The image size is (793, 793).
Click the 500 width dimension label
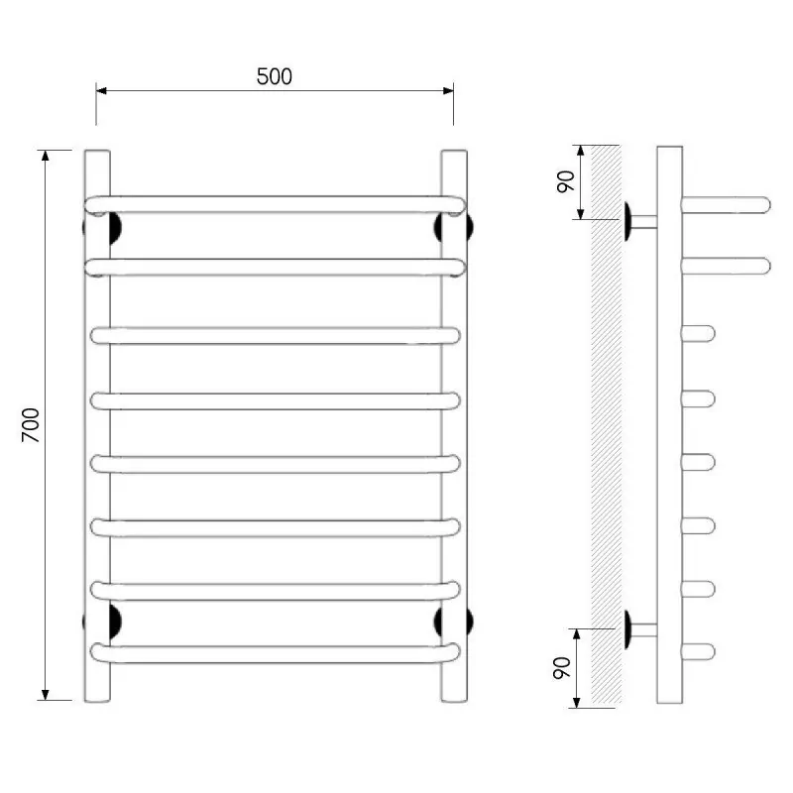pyautogui.click(x=275, y=76)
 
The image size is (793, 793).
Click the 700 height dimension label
pyautogui.click(x=31, y=425)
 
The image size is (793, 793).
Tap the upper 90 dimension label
pyautogui.click(x=566, y=181)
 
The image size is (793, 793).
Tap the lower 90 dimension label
pyautogui.click(x=562, y=668)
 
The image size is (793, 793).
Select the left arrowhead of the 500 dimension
pyautogui.click(x=101, y=90)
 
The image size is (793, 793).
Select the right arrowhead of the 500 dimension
pyautogui.click(x=448, y=90)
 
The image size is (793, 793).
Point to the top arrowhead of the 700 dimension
pyautogui.click(x=46, y=156)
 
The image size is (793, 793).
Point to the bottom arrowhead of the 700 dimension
pyautogui.click(x=46, y=695)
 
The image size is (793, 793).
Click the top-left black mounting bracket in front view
pyautogui.click(x=114, y=228)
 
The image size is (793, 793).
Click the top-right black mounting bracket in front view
pyautogui.click(x=439, y=227)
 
